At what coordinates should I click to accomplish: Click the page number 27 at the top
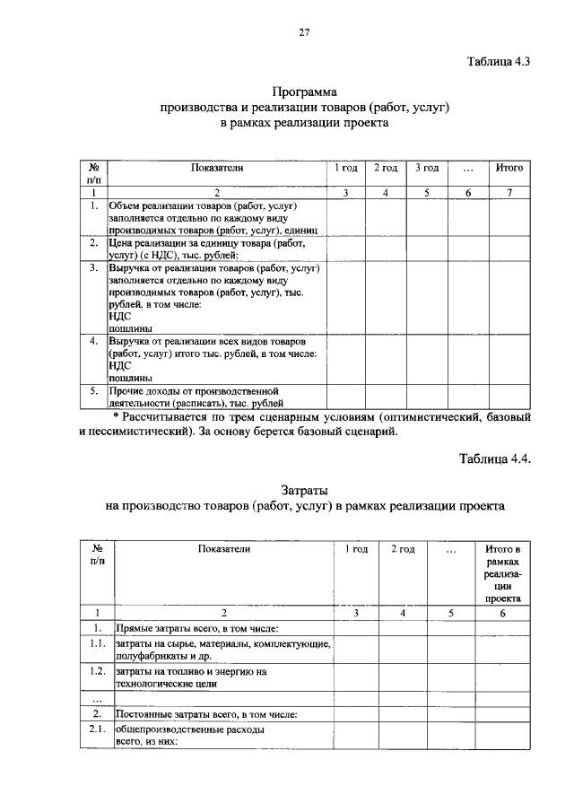(304, 33)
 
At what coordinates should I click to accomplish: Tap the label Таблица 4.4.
(496, 459)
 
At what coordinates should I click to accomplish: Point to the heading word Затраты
(305, 490)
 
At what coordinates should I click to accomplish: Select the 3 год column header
(426, 168)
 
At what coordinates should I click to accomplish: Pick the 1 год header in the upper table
(346, 168)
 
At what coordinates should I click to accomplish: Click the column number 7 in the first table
(509, 192)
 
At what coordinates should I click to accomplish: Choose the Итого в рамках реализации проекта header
(503, 572)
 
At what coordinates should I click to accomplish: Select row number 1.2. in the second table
(97, 670)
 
